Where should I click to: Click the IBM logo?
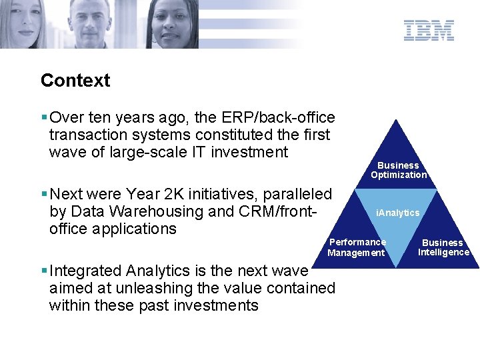tap(429, 30)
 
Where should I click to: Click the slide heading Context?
tap(75, 80)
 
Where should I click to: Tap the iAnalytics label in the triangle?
tap(397, 213)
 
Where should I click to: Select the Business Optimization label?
tap(399, 170)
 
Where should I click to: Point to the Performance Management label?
tap(357, 247)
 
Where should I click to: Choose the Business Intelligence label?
tap(443, 247)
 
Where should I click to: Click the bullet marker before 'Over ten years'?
tap(44, 117)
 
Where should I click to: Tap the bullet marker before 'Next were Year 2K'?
tap(44, 193)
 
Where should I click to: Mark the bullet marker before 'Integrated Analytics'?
tap(44, 270)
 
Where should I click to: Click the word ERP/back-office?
tap(278, 117)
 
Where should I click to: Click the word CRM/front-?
tap(277, 211)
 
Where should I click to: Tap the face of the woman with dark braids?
tap(171, 21)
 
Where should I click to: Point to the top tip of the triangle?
tap(396, 120)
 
